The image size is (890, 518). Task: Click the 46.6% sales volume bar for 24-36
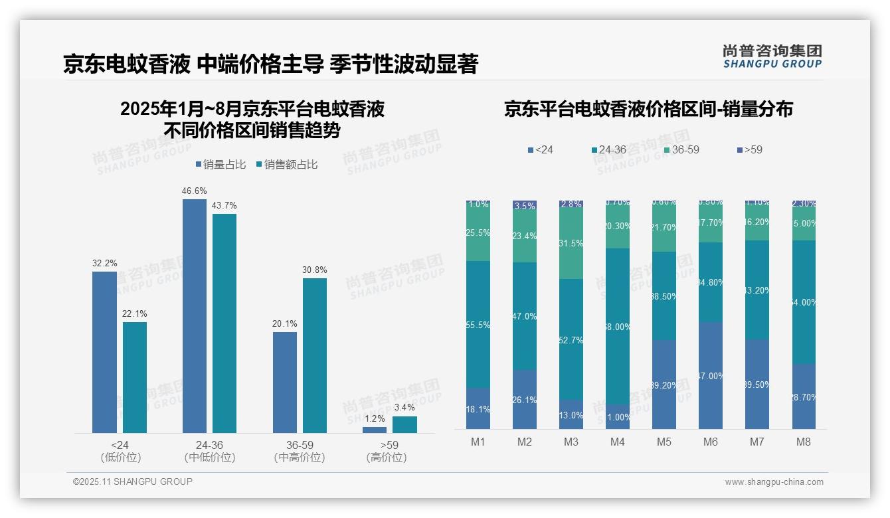coord(195,315)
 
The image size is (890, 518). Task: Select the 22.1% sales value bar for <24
coord(135,377)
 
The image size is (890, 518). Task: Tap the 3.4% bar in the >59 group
coord(404,424)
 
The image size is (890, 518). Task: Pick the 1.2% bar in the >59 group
coord(375,430)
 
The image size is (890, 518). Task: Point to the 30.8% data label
coord(314,270)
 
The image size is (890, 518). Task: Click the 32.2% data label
coord(104,264)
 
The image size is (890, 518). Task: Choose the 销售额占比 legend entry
coord(286,165)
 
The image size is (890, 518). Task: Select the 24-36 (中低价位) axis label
coord(210,451)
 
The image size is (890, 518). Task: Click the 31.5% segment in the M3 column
coord(571,244)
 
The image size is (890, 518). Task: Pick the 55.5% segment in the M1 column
coord(478,324)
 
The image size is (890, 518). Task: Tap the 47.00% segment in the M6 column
coord(711,375)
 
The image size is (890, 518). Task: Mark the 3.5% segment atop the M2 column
coord(525,206)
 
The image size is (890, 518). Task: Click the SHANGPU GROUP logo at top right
coord(772,56)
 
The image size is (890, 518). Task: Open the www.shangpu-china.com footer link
coord(774,482)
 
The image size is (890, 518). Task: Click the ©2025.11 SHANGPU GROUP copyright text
coord(133,481)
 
